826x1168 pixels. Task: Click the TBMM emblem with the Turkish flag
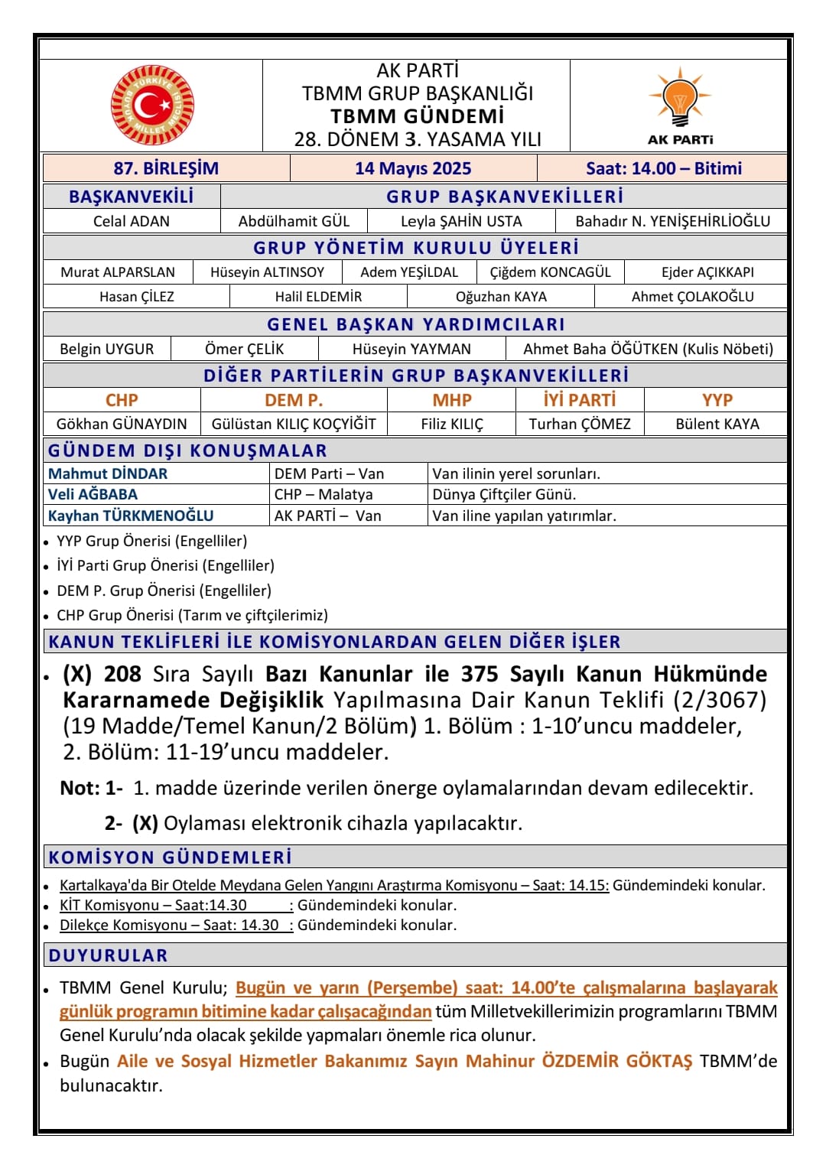pos(152,106)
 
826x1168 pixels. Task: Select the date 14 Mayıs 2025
pos(413,168)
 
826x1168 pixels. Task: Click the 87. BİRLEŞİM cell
pos(166,168)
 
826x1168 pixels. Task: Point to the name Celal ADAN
pos(132,221)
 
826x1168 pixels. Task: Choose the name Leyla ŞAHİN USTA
pos(461,221)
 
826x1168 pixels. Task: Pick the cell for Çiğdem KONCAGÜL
pos(550,272)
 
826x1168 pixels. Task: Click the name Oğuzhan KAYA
pos(501,297)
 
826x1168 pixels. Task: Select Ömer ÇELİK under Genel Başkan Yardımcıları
pos(244,349)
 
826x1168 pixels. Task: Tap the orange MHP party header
pos(452,400)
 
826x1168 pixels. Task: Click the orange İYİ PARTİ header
pos(579,400)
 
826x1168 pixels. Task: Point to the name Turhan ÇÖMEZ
pos(580,424)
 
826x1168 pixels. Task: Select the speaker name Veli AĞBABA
pos(93,494)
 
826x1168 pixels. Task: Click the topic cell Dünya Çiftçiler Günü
pos(504,494)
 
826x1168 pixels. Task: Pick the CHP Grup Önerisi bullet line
pos(192,615)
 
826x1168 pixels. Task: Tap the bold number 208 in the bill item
pos(122,674)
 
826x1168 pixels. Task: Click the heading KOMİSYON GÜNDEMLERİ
pos(170,857)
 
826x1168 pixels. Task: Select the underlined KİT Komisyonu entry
pos(153,905)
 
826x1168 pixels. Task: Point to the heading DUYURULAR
pos(108,955)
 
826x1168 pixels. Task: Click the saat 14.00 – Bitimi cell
pos(663,168)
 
